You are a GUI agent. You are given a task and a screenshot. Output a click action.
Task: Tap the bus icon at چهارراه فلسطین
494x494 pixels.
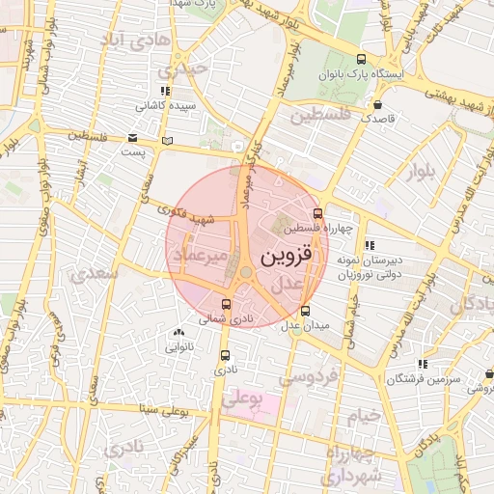click(318, 214)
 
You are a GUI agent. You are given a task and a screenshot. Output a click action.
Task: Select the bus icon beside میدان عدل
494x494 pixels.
click(306, 311)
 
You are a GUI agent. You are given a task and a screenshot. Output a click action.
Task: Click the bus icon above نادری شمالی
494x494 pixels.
click(227, 305)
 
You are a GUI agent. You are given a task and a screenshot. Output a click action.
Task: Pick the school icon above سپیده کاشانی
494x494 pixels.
click(166, 92)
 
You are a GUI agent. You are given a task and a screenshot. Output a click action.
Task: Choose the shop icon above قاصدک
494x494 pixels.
click(377, 104)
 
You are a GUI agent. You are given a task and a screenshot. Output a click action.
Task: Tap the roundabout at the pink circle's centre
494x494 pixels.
click(247, 273)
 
